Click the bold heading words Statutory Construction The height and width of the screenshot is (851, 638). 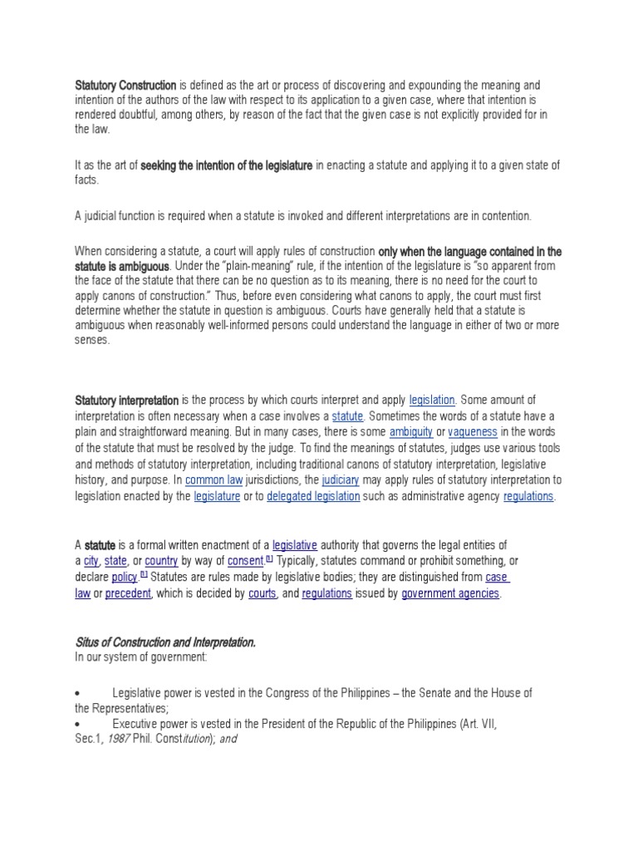coord(125,86)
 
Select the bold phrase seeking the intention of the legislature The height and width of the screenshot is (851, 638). coord(227,166)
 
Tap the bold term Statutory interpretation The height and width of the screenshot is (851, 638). coord(126,401)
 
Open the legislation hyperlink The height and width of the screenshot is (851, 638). coord(432,401)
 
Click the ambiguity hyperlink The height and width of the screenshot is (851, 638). coord(406,432)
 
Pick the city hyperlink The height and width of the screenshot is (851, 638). coord(91,561)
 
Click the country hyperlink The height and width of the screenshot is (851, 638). coord(161,561)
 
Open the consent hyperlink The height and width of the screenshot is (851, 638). coord(244,561)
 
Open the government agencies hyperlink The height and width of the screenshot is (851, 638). coord(450,593)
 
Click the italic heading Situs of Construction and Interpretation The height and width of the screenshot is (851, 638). coord(165,642)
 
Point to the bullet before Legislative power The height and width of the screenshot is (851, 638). coord(77,692)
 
